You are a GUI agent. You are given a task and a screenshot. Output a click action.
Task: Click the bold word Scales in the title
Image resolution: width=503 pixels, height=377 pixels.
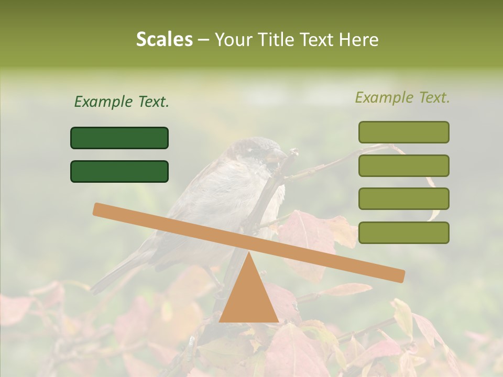point(164,40)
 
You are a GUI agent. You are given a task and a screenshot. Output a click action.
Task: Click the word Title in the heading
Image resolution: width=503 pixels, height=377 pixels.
point(272,40)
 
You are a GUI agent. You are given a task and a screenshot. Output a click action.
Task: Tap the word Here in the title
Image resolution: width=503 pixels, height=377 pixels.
point(358,40)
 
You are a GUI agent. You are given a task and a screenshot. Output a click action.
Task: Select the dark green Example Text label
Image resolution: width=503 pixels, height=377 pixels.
point(122,102)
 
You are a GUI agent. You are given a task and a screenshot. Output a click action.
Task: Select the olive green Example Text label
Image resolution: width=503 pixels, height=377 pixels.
point(402,97)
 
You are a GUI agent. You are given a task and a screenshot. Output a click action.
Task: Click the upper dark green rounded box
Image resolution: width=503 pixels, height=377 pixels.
point(119,138)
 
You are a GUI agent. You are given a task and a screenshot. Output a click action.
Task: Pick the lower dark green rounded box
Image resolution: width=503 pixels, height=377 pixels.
point(119,171)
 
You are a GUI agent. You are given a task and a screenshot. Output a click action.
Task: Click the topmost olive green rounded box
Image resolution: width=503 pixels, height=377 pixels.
point(403,132)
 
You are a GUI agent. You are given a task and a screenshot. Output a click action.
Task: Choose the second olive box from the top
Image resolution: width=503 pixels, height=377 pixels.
point(403,165)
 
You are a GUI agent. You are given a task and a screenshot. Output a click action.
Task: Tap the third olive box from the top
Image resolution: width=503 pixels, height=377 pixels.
point(403,198)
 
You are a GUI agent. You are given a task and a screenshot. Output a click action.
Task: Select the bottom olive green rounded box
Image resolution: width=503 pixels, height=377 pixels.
point(403,232)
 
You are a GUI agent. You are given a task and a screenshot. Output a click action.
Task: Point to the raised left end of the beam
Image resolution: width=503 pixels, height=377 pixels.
point(100,209)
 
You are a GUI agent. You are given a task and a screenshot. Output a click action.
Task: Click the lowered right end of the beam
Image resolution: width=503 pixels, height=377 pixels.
point(398,275)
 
